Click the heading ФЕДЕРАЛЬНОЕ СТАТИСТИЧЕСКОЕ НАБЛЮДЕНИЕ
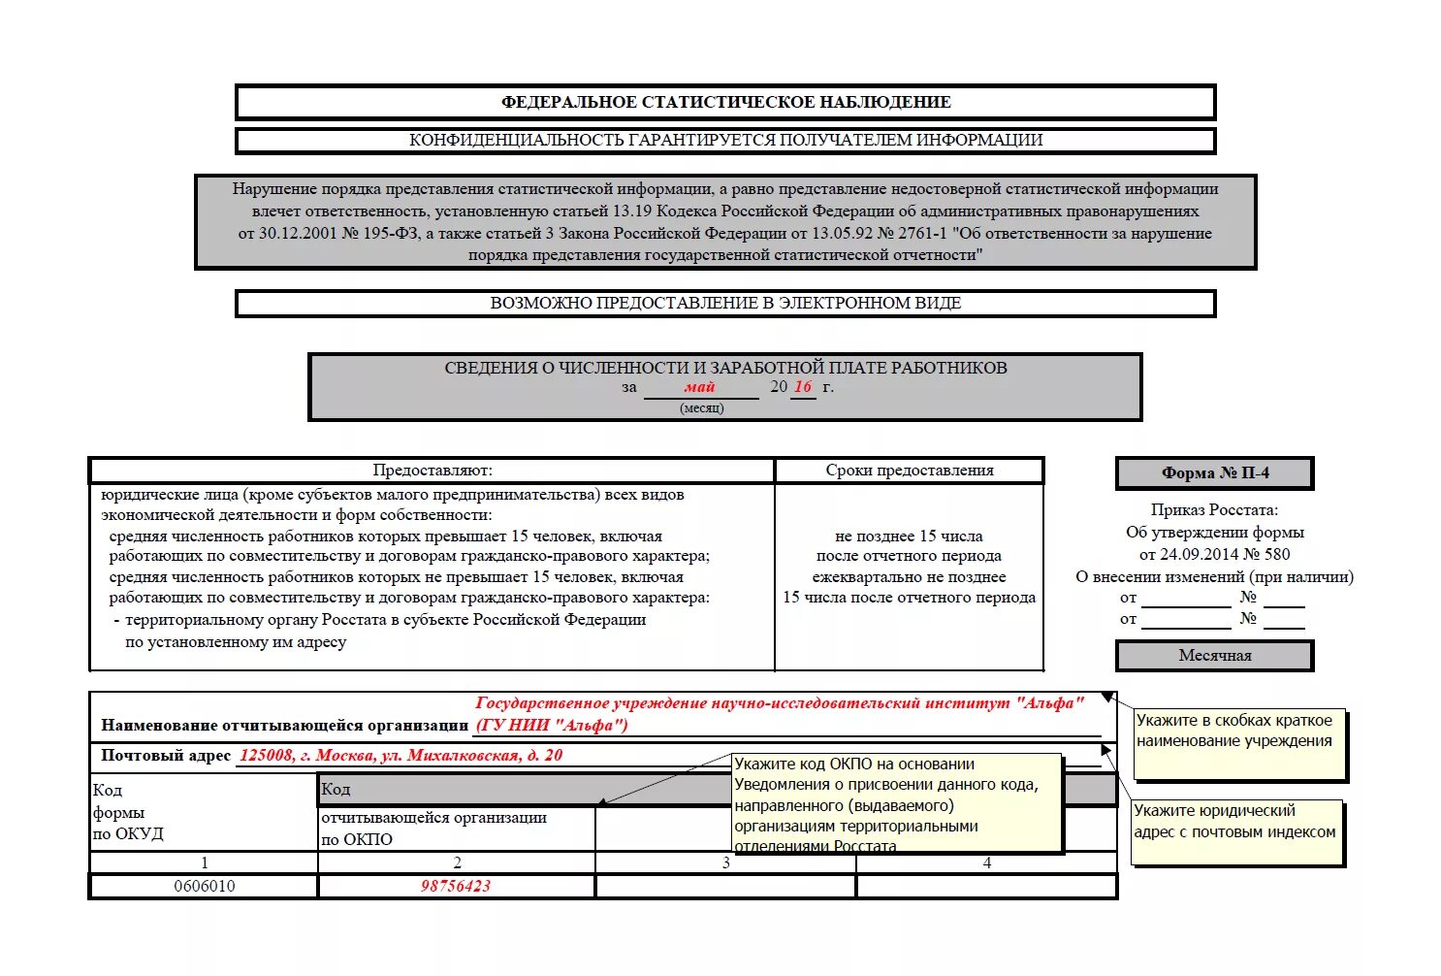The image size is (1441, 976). [725, 102]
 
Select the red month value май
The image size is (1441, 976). [699, 387]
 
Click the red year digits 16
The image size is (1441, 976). [803, 386]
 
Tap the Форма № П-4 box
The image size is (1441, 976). [1214, 473]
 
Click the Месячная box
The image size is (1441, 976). [1214, 656]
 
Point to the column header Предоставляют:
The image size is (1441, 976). [432, 471]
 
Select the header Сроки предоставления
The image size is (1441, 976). [910, 471]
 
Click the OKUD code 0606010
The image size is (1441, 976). [205, 886]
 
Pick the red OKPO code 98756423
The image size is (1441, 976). [456, 886]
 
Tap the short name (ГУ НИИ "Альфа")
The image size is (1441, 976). [552, 725]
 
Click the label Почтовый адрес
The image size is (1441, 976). [166, 756]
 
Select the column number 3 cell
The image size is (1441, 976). [726, 862]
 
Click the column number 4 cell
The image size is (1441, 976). [987, 862]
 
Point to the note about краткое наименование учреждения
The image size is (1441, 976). [1238, 742]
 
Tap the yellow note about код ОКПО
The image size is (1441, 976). [896, 804]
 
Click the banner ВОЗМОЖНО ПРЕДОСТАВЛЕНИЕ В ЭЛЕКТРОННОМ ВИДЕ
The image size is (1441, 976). [725, 304]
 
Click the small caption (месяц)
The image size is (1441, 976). [701, 408]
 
